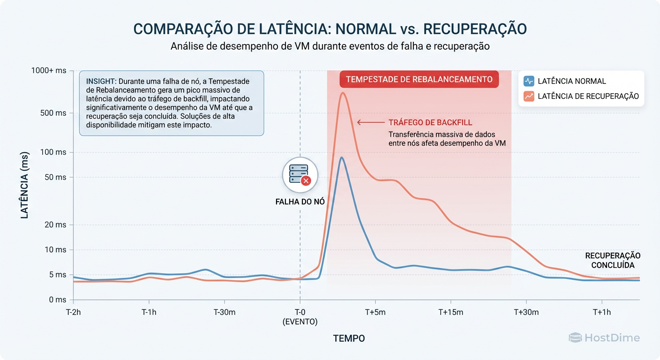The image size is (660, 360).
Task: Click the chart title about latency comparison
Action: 330,29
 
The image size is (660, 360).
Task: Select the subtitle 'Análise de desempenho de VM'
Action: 330,46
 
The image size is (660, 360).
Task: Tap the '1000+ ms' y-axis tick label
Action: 48,71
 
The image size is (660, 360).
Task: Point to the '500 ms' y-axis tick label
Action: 54,113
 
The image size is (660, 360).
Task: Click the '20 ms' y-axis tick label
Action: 56,225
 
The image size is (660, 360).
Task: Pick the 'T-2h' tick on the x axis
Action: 74,313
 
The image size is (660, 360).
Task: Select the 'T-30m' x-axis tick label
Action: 225,313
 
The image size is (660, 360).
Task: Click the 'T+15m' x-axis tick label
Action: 450,313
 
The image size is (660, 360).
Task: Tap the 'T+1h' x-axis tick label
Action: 602,313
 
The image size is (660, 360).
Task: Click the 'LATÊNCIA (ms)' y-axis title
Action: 24,185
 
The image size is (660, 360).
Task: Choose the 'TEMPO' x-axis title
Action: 349,338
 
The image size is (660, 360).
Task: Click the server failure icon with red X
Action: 300,175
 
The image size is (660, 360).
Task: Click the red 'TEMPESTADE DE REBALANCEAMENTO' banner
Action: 419,79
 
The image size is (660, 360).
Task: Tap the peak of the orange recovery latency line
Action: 343,93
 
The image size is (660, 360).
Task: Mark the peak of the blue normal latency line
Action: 342,157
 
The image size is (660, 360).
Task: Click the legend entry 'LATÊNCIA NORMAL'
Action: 571,81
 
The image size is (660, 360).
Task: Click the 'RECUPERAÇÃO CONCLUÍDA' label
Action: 613,260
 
